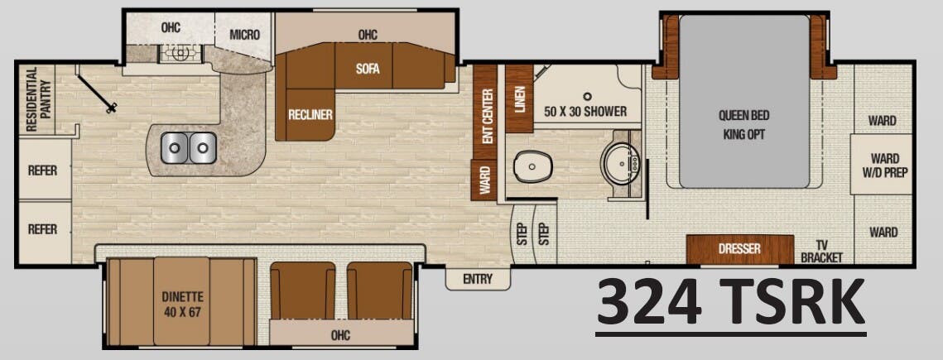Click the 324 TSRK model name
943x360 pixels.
pyautogui.click(x=731, y=304)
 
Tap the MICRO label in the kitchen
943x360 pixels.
pyautogui.click(x=245, y=35)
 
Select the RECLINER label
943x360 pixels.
pyautogui.click(x=310, y=114)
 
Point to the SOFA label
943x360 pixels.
pyautogui.click(x=368, y=70)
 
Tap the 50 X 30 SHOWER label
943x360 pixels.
pyautogui.click(x=585, y=112)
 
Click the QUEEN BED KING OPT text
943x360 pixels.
pyautogui.click(x=743, y=123)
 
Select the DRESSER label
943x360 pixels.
pyautogui.click(x=739, y=248)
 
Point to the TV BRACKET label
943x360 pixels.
pyautogui.click(x=821, y=251)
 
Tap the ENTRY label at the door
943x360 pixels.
pyautogui.click(x=477, y=280)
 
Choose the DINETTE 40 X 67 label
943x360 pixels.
pyautogui.click(x=182, y=304)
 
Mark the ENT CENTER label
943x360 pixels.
pyautogui.click(x=488, y=117)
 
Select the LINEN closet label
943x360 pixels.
pyautogui.click(x=520, y=98)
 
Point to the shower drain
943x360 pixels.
pyautogui.click(x=586, y=96)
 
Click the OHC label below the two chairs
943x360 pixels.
pyautogui.click(x=340, y=335)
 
